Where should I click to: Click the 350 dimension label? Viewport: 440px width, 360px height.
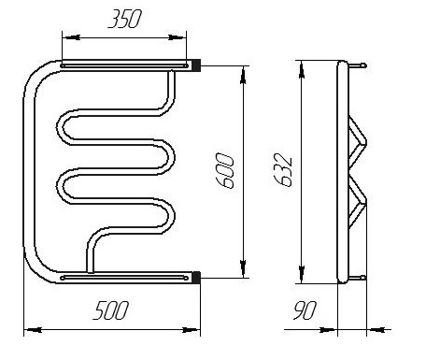click(124, 19)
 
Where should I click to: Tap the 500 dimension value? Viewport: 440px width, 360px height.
click(110, 310)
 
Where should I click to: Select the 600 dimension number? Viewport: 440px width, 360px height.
click(224, 171)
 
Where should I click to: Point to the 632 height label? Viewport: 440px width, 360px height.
click(283, 170)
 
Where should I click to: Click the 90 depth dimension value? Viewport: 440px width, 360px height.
click(305, 310)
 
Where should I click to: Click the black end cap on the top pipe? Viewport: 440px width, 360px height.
click(196, 65)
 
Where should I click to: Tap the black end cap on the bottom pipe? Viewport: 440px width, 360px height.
click(196, 278)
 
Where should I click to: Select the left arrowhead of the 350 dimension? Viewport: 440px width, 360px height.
click(71, 37)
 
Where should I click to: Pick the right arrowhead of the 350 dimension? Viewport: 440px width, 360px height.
click(177, 37)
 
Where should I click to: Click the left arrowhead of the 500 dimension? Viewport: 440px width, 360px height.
click(33, 330)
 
